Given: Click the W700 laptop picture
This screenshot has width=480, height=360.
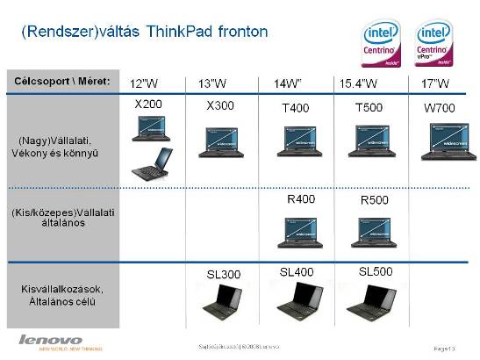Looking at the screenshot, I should pyautogui.click(x=448, y=141).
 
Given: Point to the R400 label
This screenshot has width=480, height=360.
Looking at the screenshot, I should pyautogui.click(x=301, y=199).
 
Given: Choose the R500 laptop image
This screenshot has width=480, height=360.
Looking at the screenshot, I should pyautogui.click(x=370, y=233).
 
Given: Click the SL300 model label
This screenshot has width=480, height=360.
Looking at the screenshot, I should pyautogui.click(x=224, y=275).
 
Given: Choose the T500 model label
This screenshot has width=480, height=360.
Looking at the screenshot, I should pyautogui.click(x=369, y=106).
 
